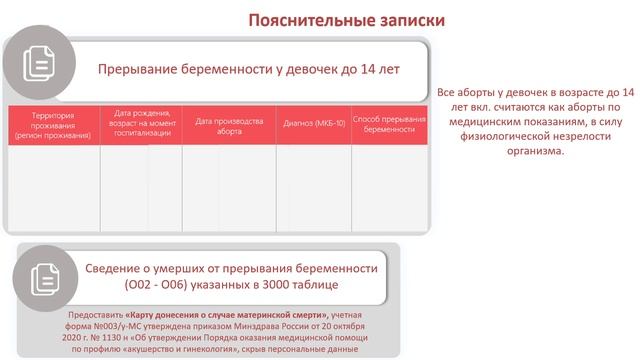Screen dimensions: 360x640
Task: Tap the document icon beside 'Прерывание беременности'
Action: coord(40,65)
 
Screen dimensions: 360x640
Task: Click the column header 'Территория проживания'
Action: coord(53,126)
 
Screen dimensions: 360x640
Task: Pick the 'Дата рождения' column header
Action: coord(141,121)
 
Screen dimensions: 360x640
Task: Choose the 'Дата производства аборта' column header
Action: coord(229,126)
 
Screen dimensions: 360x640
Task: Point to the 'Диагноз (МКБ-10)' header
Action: coord(314,123)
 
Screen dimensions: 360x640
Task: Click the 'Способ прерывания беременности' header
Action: coord(389,123)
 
